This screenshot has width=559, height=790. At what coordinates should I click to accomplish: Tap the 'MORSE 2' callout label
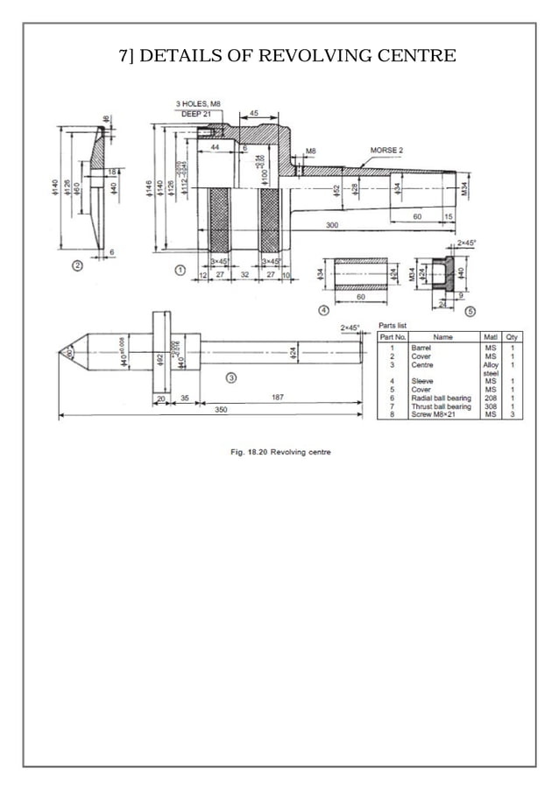[386, 151]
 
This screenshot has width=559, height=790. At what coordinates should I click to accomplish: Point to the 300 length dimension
[331, 225]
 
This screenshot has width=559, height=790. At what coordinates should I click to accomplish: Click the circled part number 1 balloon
[180, 271]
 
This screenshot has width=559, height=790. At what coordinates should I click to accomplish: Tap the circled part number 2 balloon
[78, 265]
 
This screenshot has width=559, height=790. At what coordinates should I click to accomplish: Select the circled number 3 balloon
[230, 378]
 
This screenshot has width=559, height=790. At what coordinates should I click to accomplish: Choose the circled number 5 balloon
[470, 310]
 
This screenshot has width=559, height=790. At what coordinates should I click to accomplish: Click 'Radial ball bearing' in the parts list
[441, 399]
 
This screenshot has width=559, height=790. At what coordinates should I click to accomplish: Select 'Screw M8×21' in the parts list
[435, 414]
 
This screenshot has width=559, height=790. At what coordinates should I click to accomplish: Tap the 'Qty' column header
[512, 336]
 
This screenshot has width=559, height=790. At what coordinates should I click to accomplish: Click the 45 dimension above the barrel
[253, 114]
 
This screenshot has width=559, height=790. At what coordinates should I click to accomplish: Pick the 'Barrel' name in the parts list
[421, 349]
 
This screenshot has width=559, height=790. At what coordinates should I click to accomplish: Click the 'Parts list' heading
[393, 325]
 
